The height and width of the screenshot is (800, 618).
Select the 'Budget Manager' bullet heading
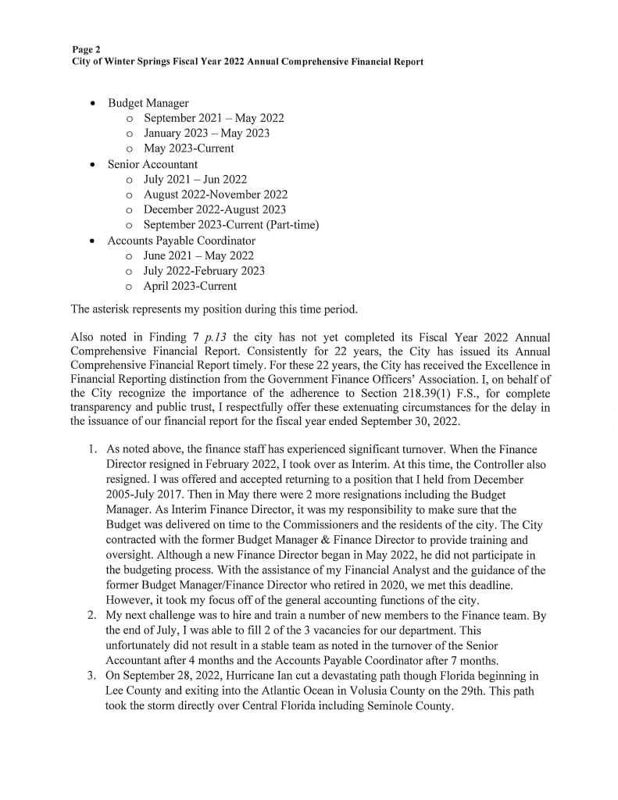pyautogui.click(x=148, y=103)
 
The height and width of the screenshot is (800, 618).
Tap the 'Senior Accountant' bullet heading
pyautogui.click(x=152, y=164)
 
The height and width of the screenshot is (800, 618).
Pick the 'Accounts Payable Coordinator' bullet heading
pyautogui.click(x=181, y=241)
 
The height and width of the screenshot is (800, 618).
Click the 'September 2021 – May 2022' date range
pyautogui.click(x=213, y=118)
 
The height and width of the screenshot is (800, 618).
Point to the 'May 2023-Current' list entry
pyautogui.click(x=188, y=148)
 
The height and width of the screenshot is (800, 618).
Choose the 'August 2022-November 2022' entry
pyautogui.click(x=215, y=195)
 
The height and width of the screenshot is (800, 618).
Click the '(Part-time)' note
pyautogui.click(x=292, y=225)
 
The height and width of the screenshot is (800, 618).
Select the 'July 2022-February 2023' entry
pyautogui.click(x=204, y=271)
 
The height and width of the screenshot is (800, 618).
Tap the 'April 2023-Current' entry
pyautogui.click(x=190, y=286)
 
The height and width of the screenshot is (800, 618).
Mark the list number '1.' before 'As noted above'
pyautogui.click(x=91, y=450)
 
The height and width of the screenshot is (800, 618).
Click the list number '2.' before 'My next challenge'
pyautogui.click(x=91, y=616)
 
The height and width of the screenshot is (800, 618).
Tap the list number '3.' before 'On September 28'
pyautogui.click(x=91, y=676)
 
